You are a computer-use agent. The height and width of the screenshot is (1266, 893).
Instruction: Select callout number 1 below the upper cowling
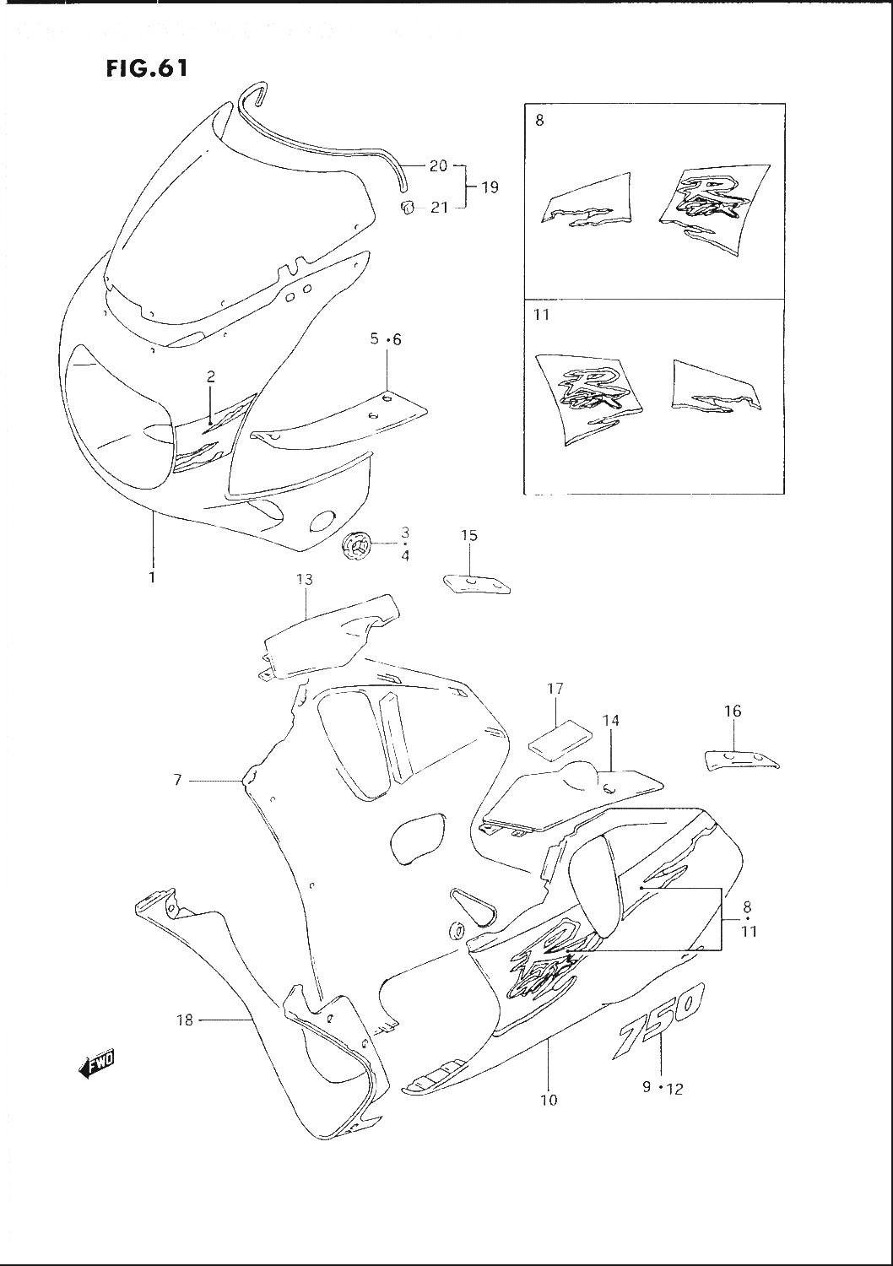click(x=152, y=578)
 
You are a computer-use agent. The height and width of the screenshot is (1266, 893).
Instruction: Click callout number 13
click(x=304, y=579)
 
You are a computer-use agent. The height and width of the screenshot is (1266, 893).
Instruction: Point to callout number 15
click(x=469, y=535)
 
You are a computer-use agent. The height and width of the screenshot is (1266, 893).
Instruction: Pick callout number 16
click(x=733, y=711)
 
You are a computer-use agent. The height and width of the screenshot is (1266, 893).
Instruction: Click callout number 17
click(x=555, y=690)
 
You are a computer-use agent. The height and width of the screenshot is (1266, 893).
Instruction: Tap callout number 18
click(x=184, y=1020)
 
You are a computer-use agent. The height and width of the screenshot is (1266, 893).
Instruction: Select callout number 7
click(x=177, y=781)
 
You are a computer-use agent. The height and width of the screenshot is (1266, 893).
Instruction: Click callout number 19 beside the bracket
click(x=490, y=187)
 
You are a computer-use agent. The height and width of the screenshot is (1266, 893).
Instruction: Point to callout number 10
click(x=549, y=1100)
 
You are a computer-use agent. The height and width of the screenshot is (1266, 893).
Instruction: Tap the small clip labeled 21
click(x=407, y=207)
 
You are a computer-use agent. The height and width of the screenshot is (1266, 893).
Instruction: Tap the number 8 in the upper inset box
click(x=539, y=121)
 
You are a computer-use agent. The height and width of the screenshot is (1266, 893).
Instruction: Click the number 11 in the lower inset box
click(x=541, y=316)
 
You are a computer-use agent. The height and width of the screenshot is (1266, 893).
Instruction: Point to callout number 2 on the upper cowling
click(x=211, y=377)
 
